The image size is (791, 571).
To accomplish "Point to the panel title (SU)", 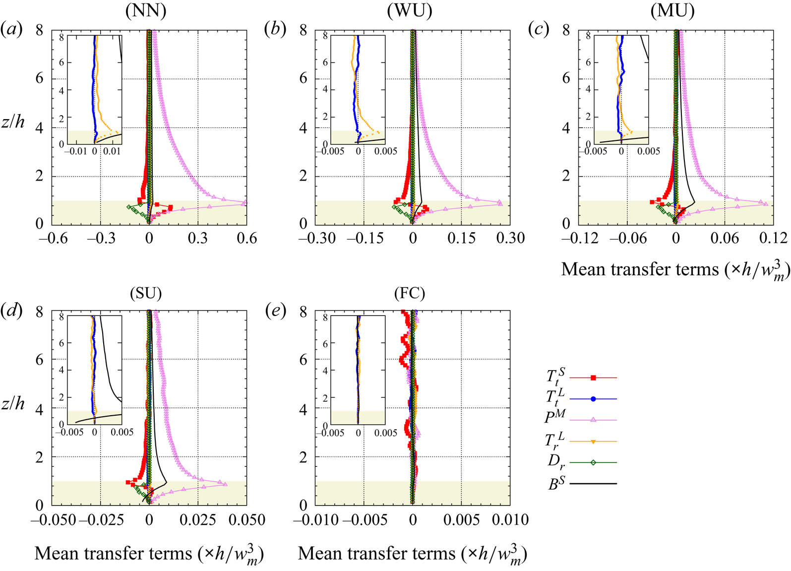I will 146,294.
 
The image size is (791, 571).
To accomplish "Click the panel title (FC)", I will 409,294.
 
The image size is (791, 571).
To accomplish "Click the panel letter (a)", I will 11,30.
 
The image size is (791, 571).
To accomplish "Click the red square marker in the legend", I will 593,378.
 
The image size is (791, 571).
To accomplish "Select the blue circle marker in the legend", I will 593,399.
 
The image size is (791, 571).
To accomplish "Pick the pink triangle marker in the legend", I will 593,420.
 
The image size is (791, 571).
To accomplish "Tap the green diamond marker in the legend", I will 593,462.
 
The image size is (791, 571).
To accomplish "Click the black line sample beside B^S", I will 593,484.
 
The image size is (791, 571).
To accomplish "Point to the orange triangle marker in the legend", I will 593,441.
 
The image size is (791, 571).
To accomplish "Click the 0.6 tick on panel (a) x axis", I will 247,239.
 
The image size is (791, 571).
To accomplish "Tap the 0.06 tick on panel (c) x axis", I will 724,239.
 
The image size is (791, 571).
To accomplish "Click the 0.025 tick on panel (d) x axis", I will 198,520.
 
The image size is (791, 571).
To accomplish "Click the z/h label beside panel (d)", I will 13,403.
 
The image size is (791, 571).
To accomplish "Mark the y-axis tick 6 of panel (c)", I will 566,78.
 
